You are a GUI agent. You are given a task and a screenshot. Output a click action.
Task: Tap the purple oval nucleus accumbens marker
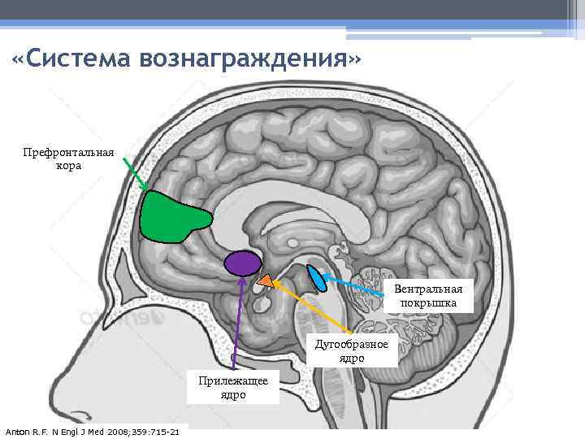[x=242, y=262]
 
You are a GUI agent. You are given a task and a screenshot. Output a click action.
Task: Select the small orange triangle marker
[x=265, y=280]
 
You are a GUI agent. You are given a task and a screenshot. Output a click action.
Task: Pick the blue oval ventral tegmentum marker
[x=315, y=278]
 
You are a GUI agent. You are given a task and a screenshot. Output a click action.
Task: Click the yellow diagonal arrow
[x=313, y=307]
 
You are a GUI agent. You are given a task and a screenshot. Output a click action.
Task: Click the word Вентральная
[x=428, y=289]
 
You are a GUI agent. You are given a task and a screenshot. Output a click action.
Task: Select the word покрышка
[x=428, y=303]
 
